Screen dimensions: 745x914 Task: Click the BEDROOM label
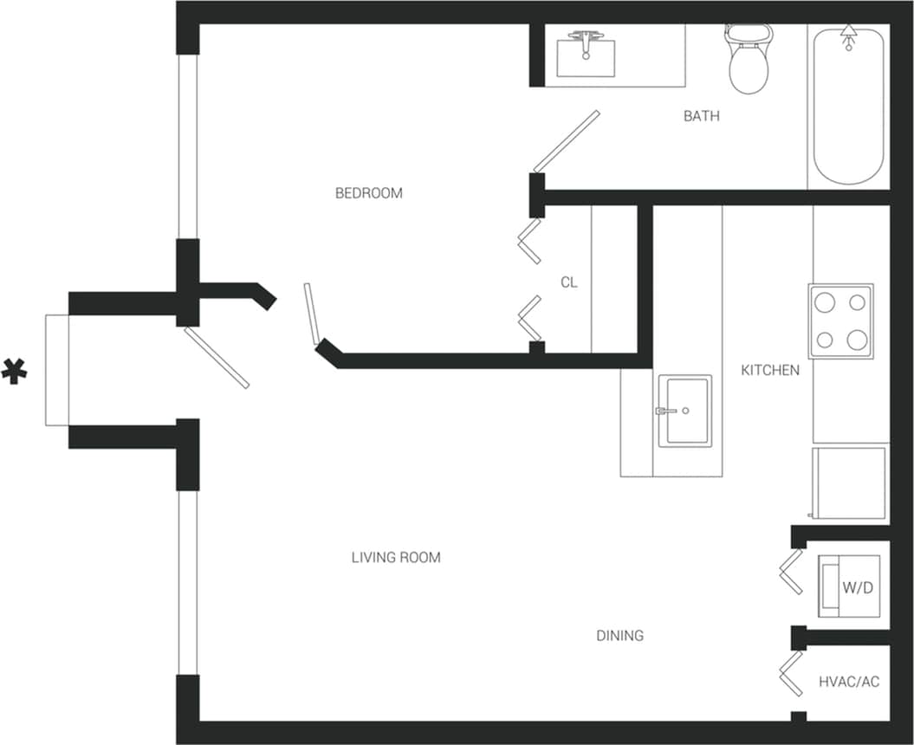pyautogui.click(x=368, y=193)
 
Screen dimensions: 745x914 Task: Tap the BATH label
pyautogui.click(x=701, y=116)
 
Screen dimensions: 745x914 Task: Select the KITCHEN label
pyautogui.click(x=769, y=370)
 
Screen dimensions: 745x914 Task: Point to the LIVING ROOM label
pyautogui.click(x=396, y=558)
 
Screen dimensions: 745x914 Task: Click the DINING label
pyautogui.click(x=619, y=636)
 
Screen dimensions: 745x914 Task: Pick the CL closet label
pyautogui.click(x=568, y=282)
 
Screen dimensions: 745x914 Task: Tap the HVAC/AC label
pyautogui.click(x=848, y=682)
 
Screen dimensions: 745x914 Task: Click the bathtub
pyautogui.click(x=848, y=106)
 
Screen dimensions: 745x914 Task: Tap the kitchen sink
pyautogui.click(x=684, y=411)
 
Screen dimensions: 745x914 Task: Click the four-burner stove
pyautogui.click(x=840, y=321)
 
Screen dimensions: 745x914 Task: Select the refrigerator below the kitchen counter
pyautogui.click(x=849, y=483)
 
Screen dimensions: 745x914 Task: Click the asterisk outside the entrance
pyautogui.click(x=14, y=370)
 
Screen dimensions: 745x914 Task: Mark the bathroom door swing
pyautogui.click(x=566, y=141)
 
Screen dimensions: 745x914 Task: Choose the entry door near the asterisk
pyautogui.click(x=217, y=357)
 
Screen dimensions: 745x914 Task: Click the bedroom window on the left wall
pyautogui.click(x=188, y=146)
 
